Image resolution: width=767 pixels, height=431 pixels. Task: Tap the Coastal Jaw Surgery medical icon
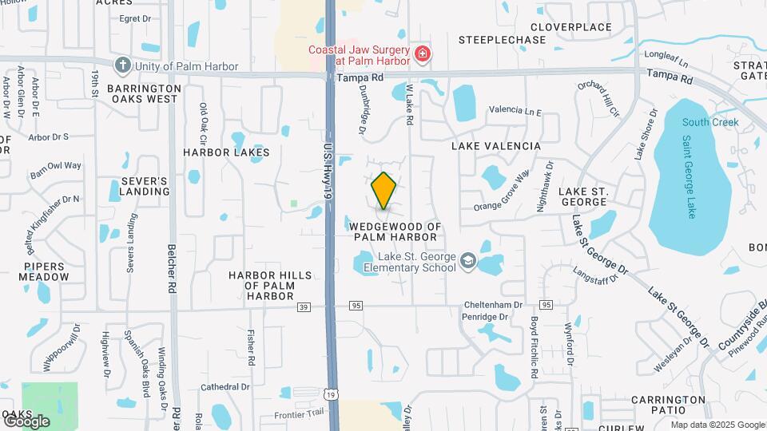click(423, 55)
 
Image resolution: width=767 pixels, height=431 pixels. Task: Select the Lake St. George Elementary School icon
click(467, 262)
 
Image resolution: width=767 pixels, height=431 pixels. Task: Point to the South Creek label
click(710, 123)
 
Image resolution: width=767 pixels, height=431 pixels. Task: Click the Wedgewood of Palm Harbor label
click(395, 232)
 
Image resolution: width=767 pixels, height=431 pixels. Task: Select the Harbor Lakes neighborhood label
click(226, 152)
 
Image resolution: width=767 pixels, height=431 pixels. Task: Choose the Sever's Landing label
click(145, 186)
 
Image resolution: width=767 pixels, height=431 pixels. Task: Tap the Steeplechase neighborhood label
click(502, 39)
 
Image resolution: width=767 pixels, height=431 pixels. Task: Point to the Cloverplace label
click(570, 27)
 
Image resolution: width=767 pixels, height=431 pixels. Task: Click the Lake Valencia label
click(496, 146)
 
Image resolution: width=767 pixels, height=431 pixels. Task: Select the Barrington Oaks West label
click(144, 93)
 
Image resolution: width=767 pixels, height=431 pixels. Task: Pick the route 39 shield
click(303, 306)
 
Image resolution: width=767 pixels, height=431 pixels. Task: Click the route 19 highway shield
click(330, 393)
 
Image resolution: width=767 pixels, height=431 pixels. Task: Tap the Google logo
click(26, 421)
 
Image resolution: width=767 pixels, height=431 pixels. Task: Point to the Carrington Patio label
click(668, 404)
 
